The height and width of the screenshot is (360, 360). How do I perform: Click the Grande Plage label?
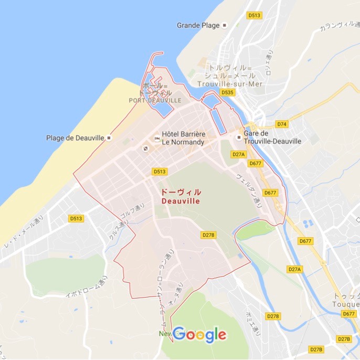[x=198, y=25]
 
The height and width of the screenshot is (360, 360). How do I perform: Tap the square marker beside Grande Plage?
[x=225, y=25]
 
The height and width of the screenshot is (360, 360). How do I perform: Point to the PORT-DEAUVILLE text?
[x=155, y=100]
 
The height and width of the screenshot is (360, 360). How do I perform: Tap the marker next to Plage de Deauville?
[x=109, y=138]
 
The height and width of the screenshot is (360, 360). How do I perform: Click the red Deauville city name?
[x=181, y=201]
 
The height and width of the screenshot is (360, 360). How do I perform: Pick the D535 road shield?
[x=227, y=92]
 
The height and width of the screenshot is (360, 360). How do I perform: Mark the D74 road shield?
[x=282, y=124]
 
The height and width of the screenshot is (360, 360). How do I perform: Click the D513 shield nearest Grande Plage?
[x=255, y=15]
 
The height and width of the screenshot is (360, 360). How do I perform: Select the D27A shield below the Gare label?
[x=238, y=154]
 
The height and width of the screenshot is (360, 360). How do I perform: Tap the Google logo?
[x=199, y=334]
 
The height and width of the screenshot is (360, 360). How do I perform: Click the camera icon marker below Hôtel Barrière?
[x=145, y=149]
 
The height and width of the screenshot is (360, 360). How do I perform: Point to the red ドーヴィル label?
[x=181, y=192]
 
